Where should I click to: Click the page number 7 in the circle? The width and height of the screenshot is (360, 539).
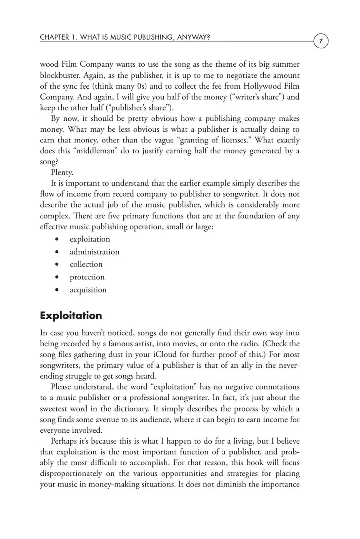click(321, 41)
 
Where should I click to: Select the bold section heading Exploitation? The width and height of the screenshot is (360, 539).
click(71, 316)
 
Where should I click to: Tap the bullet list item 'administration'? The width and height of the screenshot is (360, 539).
click(95, 252)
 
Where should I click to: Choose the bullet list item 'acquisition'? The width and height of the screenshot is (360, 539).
click(88, 289)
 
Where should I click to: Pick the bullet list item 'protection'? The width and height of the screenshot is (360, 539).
click(87, 277)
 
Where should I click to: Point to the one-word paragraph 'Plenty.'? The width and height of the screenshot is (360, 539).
click(62, 172)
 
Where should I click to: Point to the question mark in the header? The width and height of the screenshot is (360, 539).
click(208, 37)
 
